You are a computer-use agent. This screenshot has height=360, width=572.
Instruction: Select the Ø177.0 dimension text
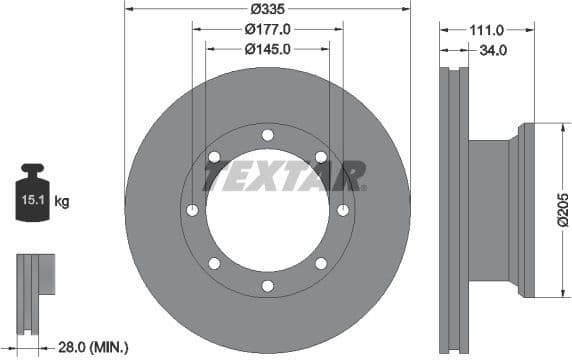(267, 30)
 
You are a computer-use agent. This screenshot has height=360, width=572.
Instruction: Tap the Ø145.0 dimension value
(267, 47)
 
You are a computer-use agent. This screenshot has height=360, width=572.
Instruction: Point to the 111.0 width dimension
(488, 31)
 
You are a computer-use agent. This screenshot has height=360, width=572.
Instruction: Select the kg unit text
(62, 202)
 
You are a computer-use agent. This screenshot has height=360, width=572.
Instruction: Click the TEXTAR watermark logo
(283, 178)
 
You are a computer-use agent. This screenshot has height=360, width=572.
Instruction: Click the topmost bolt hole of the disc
(267, 135)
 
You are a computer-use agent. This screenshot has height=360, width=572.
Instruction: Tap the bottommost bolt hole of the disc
(267, 286)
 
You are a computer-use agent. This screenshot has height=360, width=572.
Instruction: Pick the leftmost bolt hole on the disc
(192, 210)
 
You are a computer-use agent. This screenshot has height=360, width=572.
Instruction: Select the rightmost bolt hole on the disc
(343, 210)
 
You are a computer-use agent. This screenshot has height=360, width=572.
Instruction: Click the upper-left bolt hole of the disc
(214, 157)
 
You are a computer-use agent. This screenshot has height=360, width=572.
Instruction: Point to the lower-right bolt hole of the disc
(320, 264)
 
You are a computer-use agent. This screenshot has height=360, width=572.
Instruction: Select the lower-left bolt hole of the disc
(214, 264)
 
